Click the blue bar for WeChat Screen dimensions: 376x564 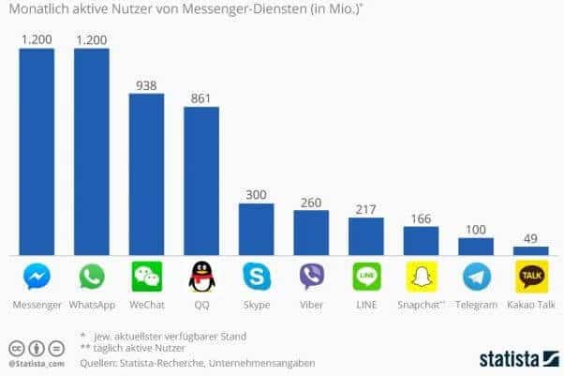[x=146, y=173]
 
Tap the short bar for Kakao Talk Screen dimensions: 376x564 [x=530, y=250]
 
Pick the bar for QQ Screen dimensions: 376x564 [x=201, y=180]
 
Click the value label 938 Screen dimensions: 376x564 [x=146, y=84]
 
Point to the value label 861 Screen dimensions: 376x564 [x=201, y=98]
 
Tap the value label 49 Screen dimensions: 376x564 [x=530, y=237]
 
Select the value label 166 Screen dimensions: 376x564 [x=421, y=218]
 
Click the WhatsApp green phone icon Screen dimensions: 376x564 [x=92, y=277]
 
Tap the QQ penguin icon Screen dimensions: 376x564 [x=201, y=277]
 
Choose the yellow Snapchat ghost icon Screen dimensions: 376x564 [x=421, y=277]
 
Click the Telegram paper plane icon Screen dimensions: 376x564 [x=476, y=277]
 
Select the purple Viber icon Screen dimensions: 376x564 [x=311, y=277]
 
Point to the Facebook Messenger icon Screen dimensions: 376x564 [x=37, y=277]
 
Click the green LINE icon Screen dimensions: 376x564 [x=366, y=277]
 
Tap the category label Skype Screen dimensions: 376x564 [x=256, y=305]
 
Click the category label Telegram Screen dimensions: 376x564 [x=476, y=305]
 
